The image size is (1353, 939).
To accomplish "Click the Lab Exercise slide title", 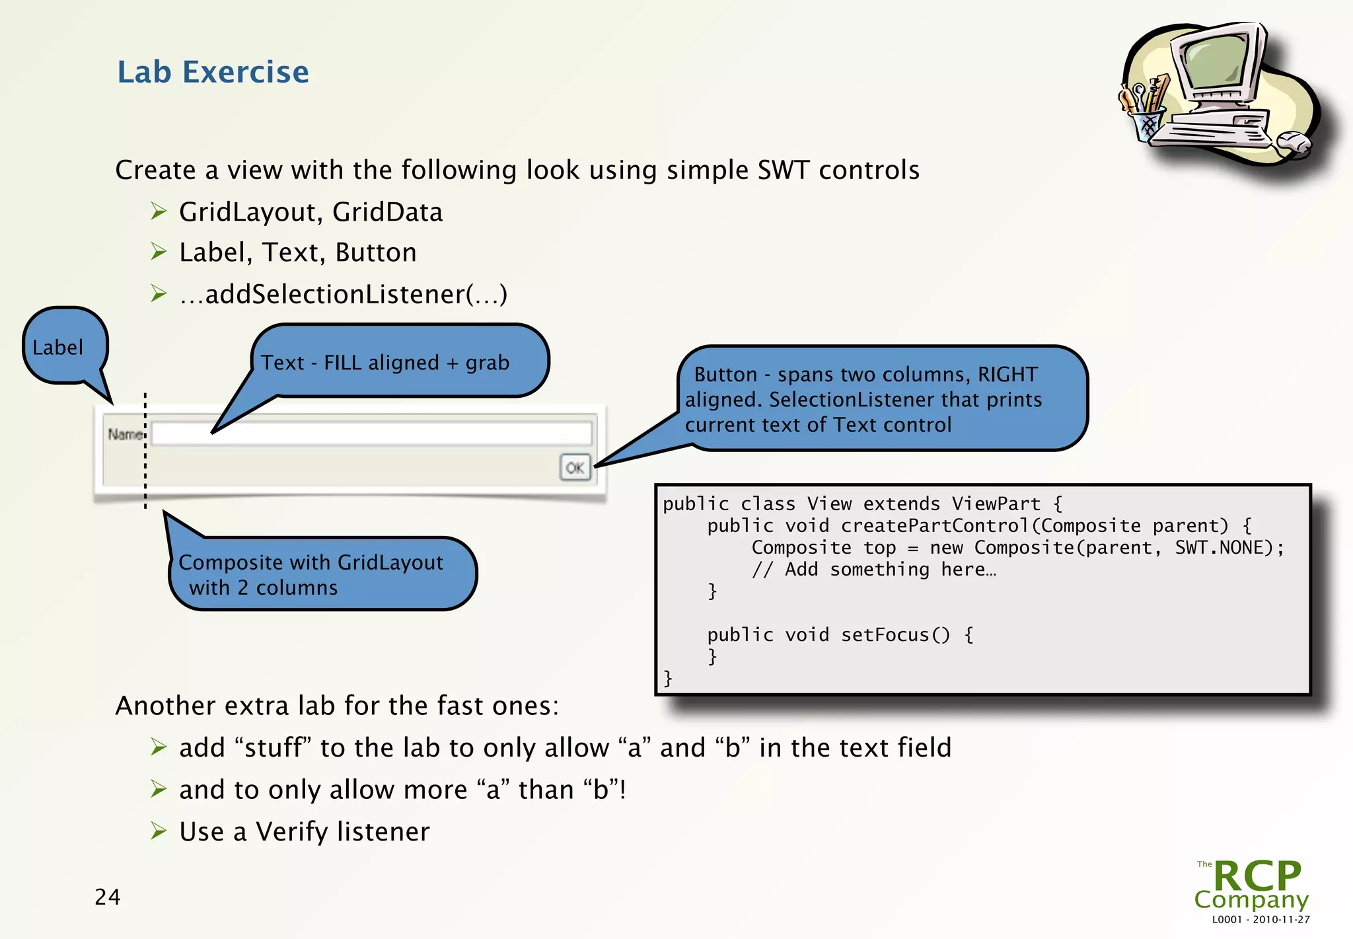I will pyautogui.click(x=213, y=72).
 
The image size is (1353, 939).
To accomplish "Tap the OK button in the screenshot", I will pyautogui.click(x=575, y=468).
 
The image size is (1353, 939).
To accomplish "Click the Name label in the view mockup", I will pyautogui.click(x=124, y=434).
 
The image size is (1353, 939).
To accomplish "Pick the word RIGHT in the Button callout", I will pyautogui.click(x=1007, y=375).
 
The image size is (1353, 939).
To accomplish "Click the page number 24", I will pyautogui.click(x=107, y=897).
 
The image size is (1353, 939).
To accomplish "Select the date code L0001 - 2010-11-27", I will pyautogui.click(x=1261, y=919).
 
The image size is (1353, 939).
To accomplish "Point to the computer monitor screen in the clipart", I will pyautogui.click(x=1214, y=61).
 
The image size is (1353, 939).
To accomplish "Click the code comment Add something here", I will pyautogui.click(x=873, y=570).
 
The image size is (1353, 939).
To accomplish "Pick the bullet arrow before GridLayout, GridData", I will pyautogui.click(x=159, y=211).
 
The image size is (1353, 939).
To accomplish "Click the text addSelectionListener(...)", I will pyautogui.click(x=344, y=294).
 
